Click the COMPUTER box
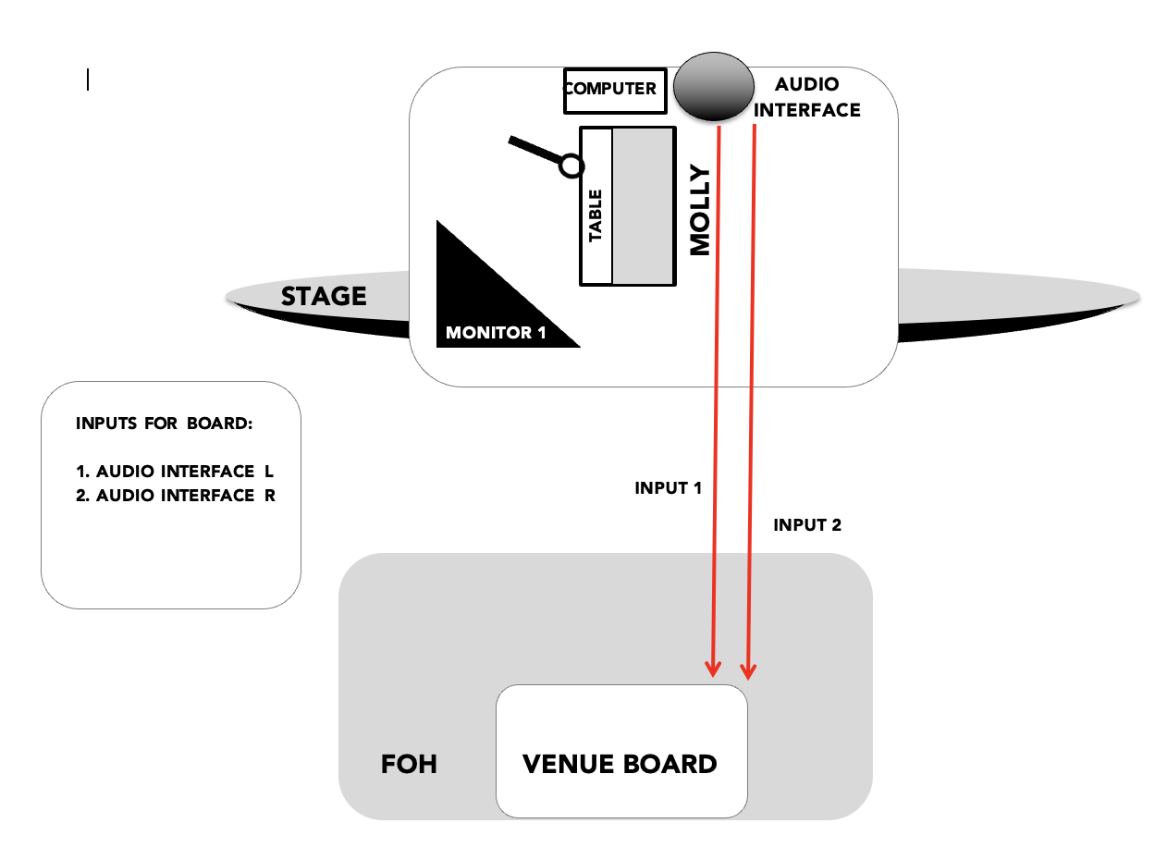pos(615,91)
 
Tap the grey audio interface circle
pos(714,87)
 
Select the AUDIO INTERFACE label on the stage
pos(807,97)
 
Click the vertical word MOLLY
pos(700,210)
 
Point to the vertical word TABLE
pos(596,215)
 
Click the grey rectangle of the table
pos(644,206)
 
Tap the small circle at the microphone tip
pos(571,166)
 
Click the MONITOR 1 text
pos(496,333)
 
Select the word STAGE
pos(324,297)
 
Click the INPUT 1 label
pos(668,488)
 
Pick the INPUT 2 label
pos(807,525)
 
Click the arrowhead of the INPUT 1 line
pos(713,670)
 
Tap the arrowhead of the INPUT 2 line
pos(748,672)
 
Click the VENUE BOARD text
pos(620,765)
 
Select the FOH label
pos(409,765)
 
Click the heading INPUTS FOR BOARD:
pos(164,424)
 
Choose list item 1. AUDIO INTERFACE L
pos(175,472)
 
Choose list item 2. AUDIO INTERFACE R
pos(176,496)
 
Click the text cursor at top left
pos(88,80)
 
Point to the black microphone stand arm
pos(535,149)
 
